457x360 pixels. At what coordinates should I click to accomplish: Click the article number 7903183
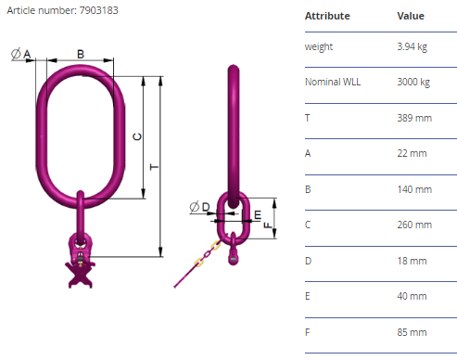98,10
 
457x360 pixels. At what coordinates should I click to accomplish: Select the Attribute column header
327,16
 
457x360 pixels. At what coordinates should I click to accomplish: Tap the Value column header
411,16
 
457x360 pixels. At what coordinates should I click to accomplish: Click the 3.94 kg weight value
413,46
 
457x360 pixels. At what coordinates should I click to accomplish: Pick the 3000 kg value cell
413,82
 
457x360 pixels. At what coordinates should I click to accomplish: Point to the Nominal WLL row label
333,82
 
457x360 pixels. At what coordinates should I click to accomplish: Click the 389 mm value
414,118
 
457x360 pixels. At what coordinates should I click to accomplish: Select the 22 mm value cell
412,153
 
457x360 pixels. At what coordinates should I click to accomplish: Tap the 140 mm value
414,189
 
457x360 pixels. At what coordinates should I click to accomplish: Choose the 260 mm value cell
414,225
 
